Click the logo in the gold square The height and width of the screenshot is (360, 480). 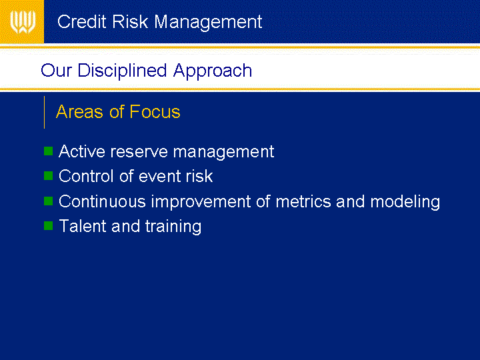[x=23, y=22]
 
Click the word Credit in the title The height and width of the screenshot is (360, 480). [x=82, y=22]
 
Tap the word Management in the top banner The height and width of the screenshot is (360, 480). [x=208, y=23]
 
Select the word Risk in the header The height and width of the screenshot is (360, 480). [x=130, y=22]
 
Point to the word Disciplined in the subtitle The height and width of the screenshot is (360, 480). [x=123, y=71]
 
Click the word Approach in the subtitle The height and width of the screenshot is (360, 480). [x=213, y=71]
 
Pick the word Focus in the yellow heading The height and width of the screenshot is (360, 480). [x=155, y=111]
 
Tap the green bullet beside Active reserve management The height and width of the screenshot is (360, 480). [x=49, y=151]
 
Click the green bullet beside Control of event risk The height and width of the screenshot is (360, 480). [x=49, y=176]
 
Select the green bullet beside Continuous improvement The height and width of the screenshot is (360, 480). [x=49, y=201]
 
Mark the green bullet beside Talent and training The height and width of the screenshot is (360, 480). [x=49, y=225]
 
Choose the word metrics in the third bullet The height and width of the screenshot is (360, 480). [x=303, y=202]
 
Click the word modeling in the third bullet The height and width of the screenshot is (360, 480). [x=405, y=203]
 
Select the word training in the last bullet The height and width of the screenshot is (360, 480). [x=173, y=227]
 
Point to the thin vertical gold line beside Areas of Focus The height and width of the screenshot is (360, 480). [x=45, y=112]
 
